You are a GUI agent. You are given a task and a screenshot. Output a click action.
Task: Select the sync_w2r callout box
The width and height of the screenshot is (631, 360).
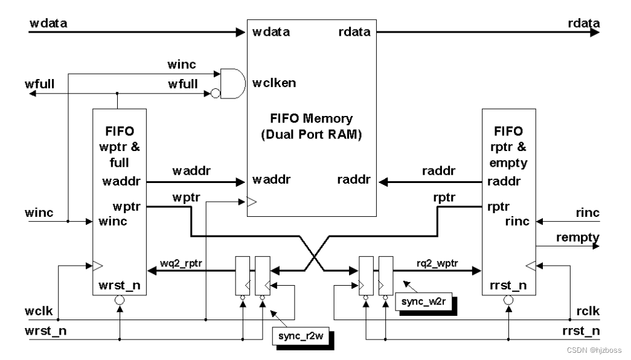(422, 301)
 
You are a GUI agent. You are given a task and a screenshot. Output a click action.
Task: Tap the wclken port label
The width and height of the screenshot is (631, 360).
(275, 83)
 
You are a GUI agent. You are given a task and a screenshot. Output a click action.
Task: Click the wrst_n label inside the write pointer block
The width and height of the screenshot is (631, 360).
(119, 284)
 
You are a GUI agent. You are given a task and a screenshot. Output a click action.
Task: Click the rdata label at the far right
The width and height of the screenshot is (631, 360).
(584, 23)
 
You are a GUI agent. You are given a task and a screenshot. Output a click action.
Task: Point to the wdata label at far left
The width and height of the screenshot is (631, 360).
(49, 23)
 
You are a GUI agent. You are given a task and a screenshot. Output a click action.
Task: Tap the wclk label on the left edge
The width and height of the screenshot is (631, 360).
(42, 312)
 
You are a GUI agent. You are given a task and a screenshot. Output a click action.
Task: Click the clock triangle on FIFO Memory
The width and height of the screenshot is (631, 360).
(252, 205)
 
